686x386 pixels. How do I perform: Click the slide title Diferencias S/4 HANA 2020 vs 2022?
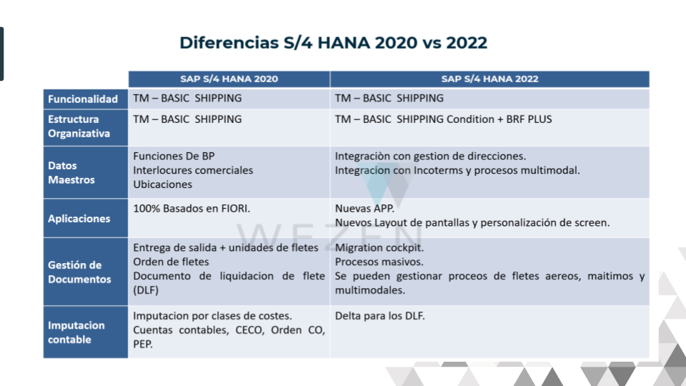[x=334, y=42]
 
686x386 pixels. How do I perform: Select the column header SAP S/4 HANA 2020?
[x=229, y=79]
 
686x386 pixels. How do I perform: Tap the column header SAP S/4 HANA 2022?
[x=489, y=79]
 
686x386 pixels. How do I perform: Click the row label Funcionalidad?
[x=83, y=99]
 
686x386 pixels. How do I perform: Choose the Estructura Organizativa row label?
[x=79, y=126]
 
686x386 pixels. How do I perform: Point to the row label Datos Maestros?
[x=71, y=172]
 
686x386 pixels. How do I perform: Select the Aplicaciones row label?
[x=79, y=219]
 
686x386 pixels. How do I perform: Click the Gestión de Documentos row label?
[x=79, y=272]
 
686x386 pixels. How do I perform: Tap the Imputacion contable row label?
[x=76, y=332]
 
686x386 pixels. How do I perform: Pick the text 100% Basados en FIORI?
[x=192, y=208]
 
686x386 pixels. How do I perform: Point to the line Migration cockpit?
[x=379, y=248]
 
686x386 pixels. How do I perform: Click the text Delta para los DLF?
[x=379, y=315]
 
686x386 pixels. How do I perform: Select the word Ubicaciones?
[x=163, y=184]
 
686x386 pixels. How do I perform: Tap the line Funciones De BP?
[x=174, y=156]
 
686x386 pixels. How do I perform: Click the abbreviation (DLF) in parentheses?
[x=146, y=289]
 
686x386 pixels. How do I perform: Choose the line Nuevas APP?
[x=364, y=208]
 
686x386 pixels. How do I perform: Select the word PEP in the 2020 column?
[x=143, y=344]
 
